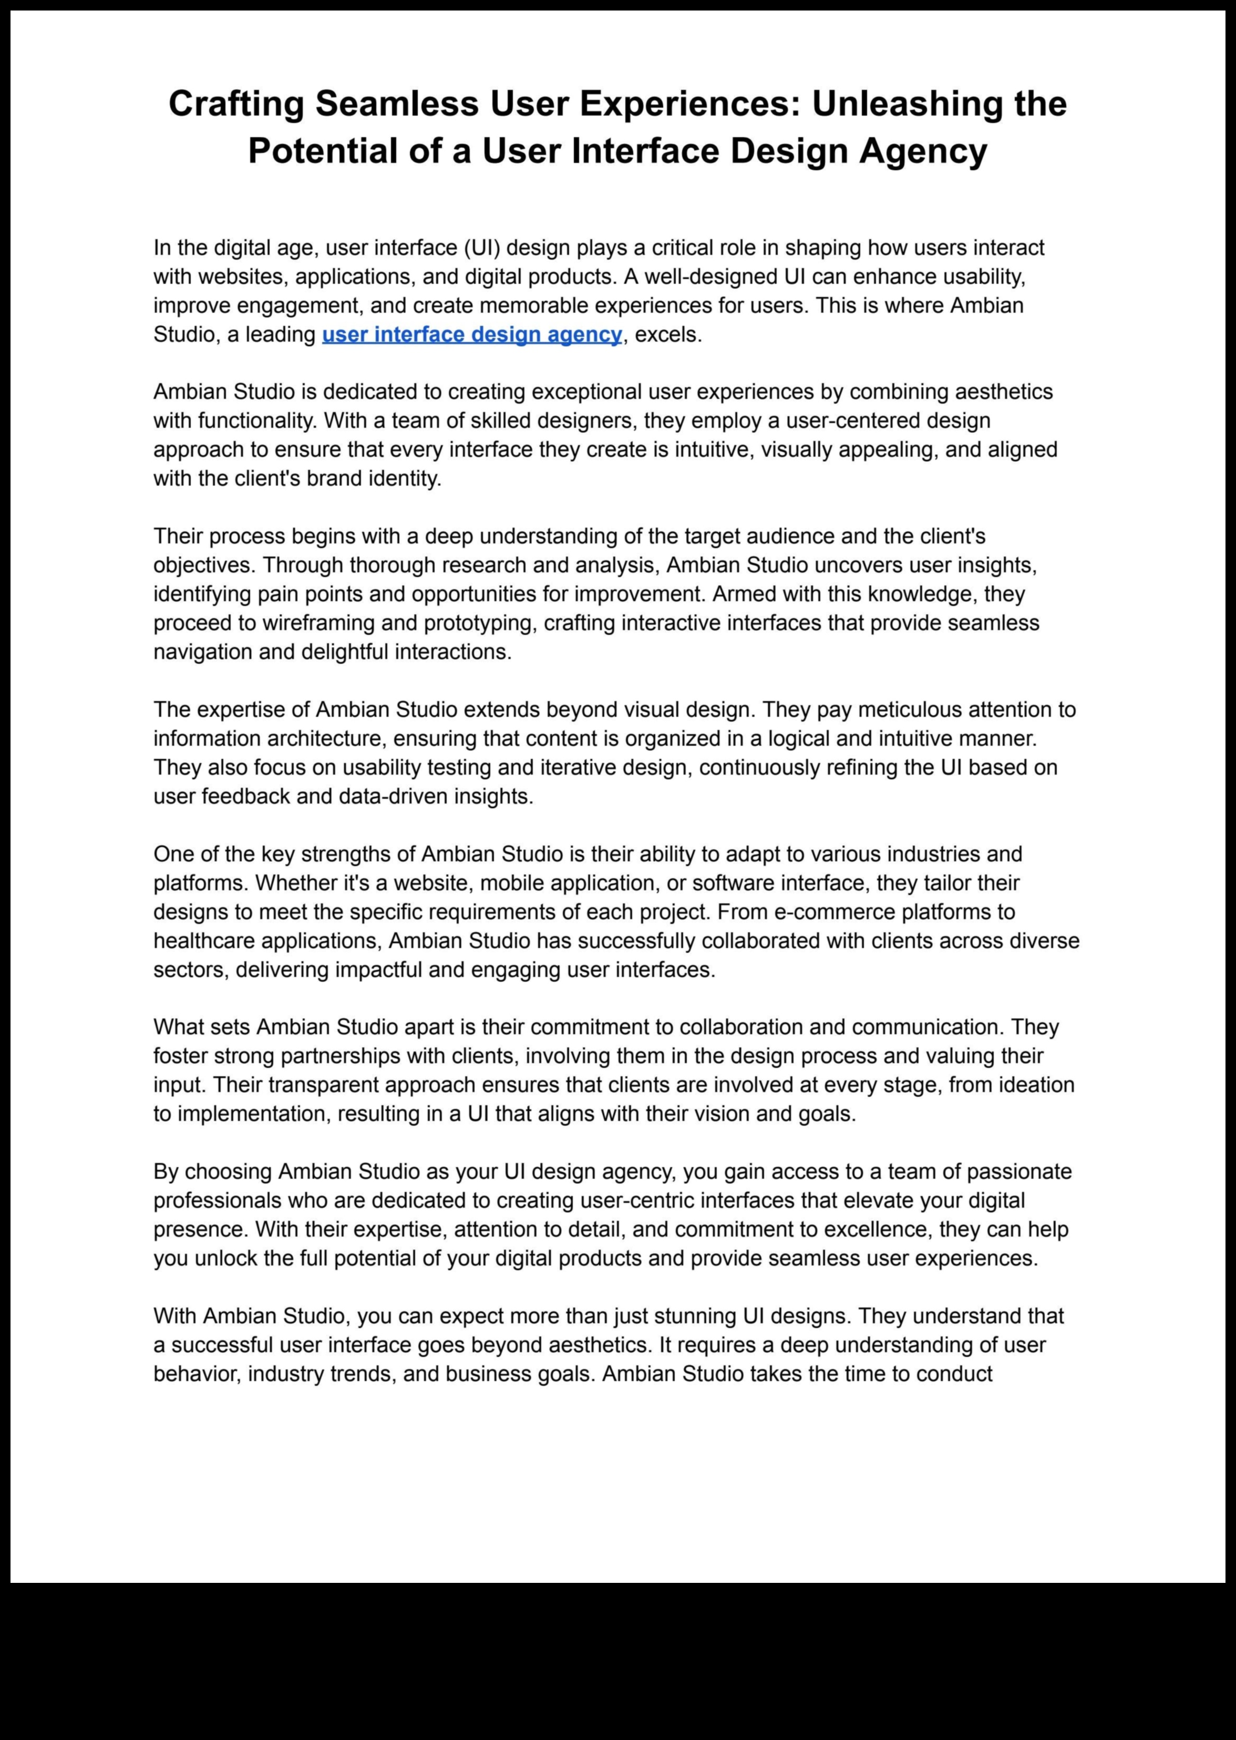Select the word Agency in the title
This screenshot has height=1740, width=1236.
tap(923, 151)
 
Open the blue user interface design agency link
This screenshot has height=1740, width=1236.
tap(472, 334)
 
